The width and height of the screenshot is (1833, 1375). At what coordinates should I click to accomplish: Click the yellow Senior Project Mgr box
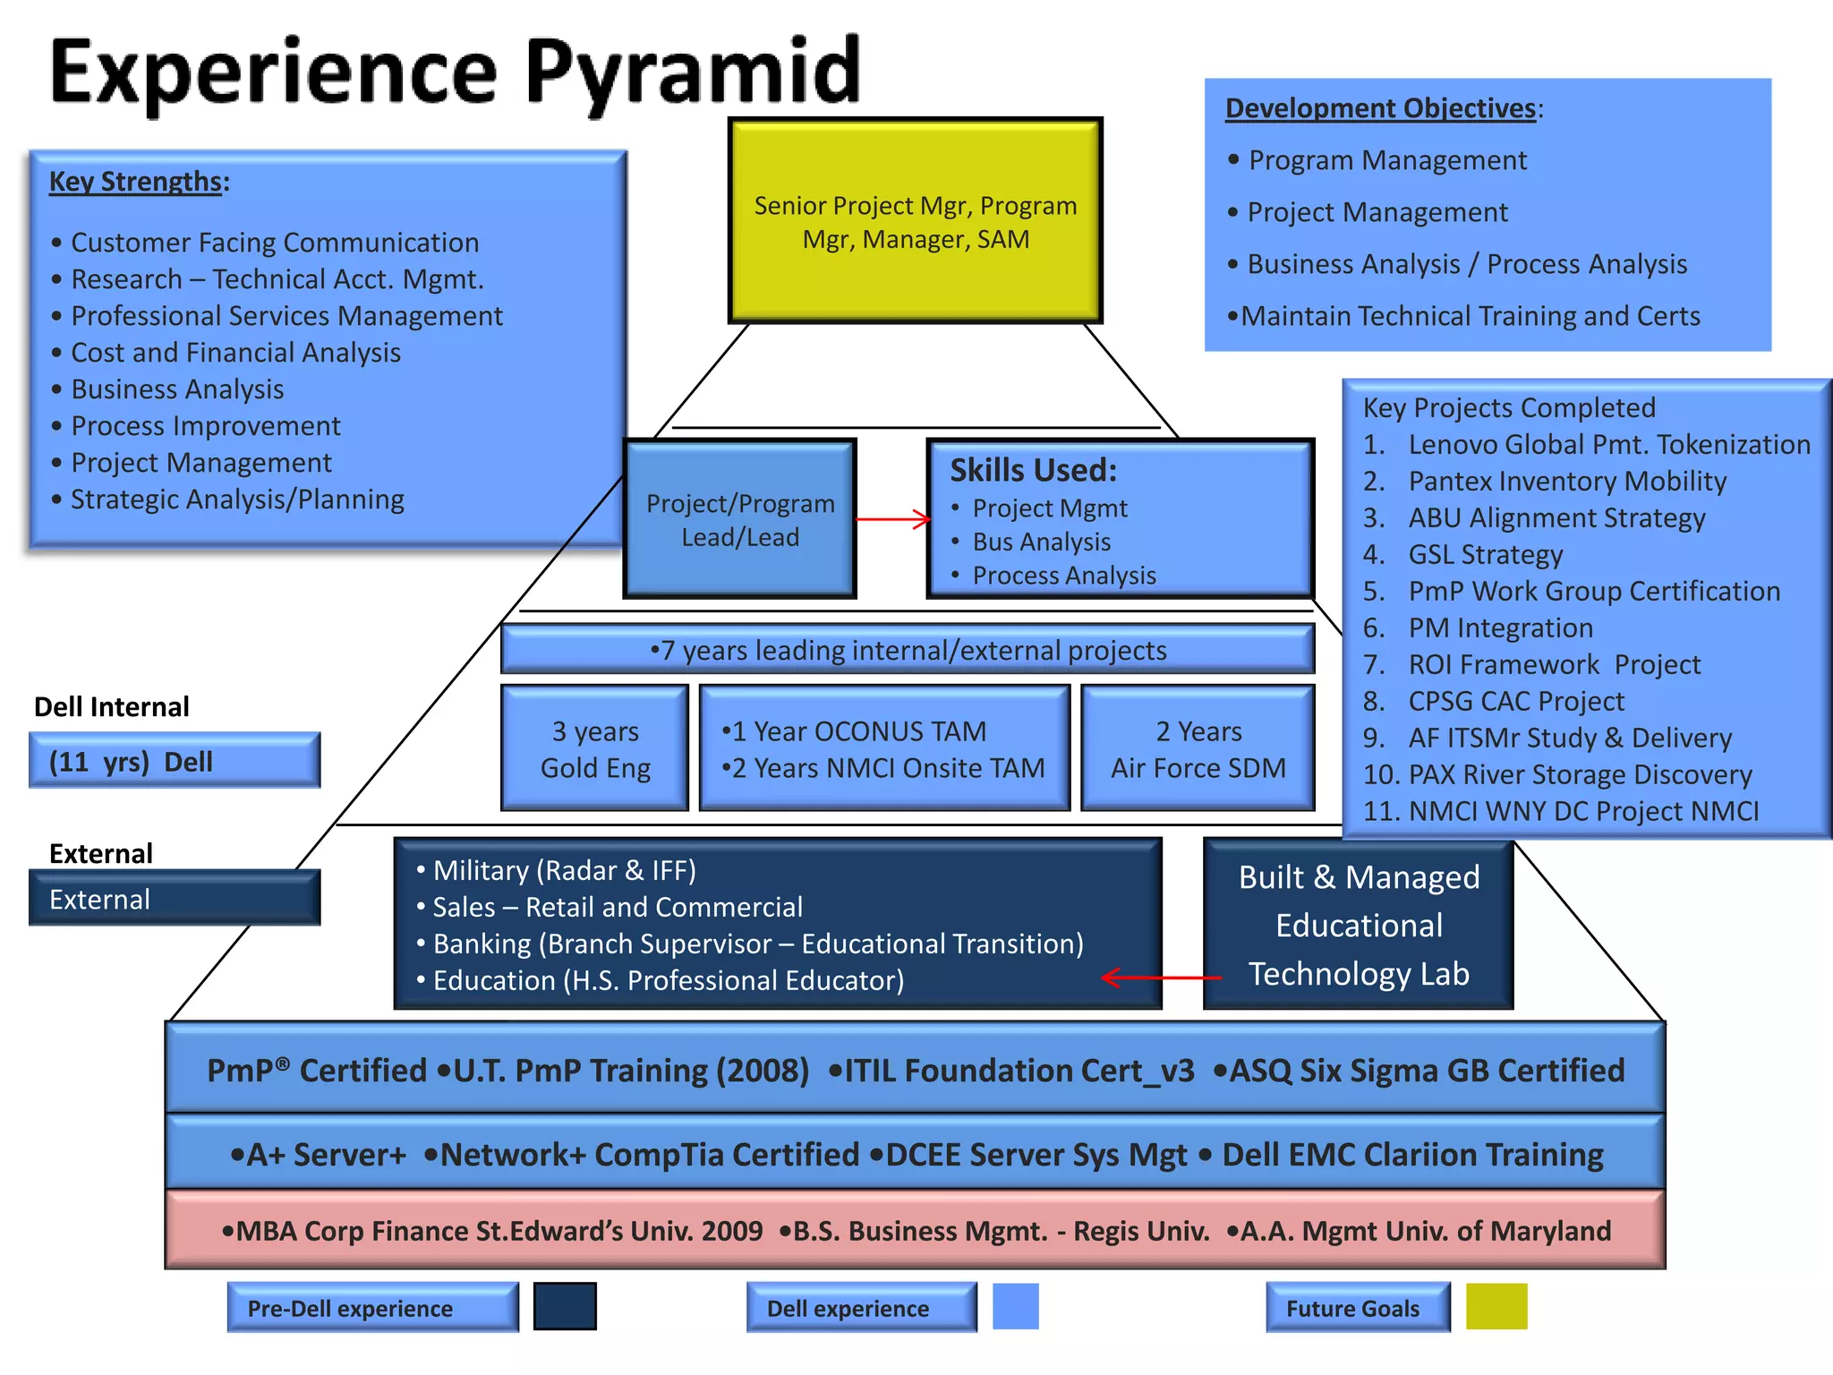(x=915, y=221)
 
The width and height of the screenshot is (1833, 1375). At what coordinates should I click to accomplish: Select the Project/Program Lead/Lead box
(x=740, y=519)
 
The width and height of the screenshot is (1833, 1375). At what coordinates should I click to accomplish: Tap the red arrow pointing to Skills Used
(x=892, y=519)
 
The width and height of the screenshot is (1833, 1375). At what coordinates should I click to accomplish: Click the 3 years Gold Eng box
(x=595, y=749)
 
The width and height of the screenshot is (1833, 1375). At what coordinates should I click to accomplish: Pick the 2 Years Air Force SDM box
(x=1198, y=749)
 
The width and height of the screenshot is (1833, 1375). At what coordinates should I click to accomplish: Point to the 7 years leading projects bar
(x=908, y=650)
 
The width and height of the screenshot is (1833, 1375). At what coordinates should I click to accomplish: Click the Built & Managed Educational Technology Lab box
(x=1358, y=925)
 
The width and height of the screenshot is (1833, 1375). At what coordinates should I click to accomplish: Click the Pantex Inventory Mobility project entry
(x=1566, y=482)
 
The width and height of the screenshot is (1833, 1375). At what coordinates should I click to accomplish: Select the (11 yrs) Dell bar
(x=175, y=761)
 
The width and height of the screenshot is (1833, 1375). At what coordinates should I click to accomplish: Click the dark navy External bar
(x=175, y=899)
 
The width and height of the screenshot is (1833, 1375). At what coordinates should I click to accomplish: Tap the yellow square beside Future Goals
(x=1496, y=1306)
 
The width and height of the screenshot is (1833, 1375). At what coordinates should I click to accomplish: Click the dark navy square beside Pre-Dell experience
(x=565, y=1306)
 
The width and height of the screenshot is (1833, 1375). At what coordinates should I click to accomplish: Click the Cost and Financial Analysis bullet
(x=235, y=353)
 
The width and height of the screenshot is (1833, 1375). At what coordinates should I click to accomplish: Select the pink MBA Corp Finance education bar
(x=915, y=1231)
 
